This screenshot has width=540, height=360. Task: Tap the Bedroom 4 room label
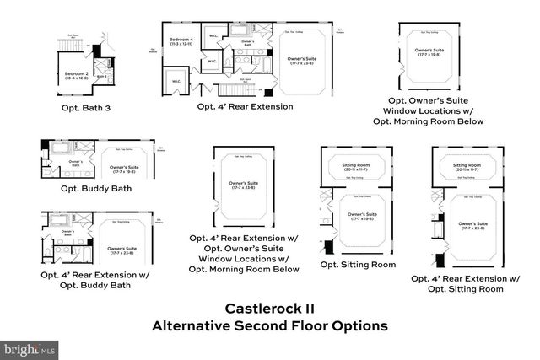[x=181, y=40]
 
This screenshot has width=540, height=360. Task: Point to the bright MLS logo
[x=30, y=348]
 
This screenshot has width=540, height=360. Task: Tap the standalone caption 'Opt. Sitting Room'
[x=358, y=264]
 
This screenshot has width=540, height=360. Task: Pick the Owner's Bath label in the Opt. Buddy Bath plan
[x=75, y=162]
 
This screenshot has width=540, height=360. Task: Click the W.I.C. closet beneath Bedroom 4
[x=177, y=82]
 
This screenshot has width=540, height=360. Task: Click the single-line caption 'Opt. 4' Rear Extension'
[x=245, y=107]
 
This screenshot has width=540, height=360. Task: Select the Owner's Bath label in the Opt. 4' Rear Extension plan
[x=248, y=42]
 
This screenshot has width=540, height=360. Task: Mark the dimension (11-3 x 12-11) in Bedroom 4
[x=181, y=45]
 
